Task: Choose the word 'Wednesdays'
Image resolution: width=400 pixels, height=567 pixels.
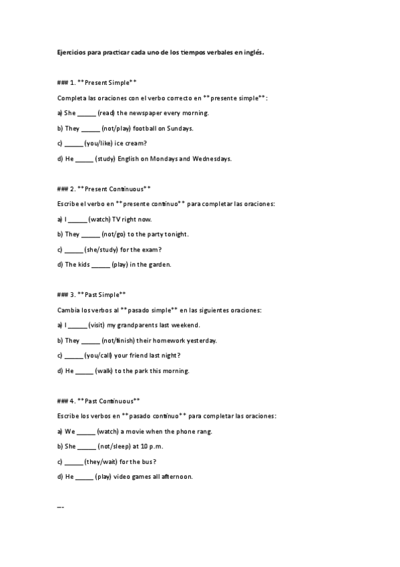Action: [x=211, y=159]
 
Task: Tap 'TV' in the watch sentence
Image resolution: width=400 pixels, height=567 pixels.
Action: [x=126, y=219]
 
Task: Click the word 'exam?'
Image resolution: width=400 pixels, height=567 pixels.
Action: [x=152, y=249]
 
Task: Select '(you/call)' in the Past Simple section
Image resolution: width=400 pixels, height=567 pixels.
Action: [x=101, y=355]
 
